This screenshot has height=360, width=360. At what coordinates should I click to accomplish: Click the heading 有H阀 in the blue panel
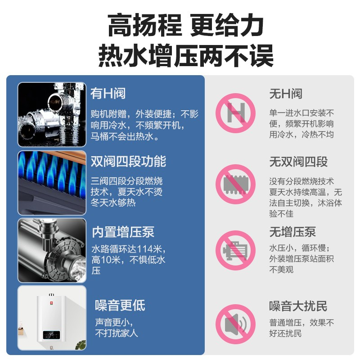coord(108,94)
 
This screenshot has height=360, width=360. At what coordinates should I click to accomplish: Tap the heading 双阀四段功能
coord(128,162)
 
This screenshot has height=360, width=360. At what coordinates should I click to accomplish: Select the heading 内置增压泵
coord(123,232)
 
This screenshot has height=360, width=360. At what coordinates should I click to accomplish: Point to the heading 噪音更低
coord(120,306)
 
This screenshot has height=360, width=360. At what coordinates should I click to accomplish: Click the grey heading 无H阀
coord(286,94)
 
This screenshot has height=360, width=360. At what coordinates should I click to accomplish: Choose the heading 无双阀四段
coord(298,162)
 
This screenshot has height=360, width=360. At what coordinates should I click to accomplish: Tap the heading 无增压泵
coord(292,232)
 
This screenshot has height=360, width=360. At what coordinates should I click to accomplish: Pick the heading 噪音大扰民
coord(298,306)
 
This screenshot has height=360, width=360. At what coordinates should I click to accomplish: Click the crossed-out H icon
coord(235,113)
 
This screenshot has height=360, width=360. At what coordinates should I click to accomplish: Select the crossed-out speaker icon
coord(235,324)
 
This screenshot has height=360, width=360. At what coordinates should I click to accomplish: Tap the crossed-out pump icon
coord(235,250)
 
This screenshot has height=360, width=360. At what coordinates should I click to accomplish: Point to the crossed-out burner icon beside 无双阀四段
coord(235,184)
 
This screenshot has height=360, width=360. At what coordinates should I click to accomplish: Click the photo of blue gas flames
coord(52,183)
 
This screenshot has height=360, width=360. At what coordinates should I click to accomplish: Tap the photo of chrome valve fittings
coord(52,114)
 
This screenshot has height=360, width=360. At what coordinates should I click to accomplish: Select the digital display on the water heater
coord(51,334)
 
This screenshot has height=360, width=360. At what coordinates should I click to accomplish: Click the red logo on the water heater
coord(51,303)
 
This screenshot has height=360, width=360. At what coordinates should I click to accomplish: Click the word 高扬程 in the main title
coord(145,25)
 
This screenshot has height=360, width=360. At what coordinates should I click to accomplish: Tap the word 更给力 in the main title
coord(227,25)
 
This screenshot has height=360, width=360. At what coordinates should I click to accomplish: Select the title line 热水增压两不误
coord(186,55)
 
